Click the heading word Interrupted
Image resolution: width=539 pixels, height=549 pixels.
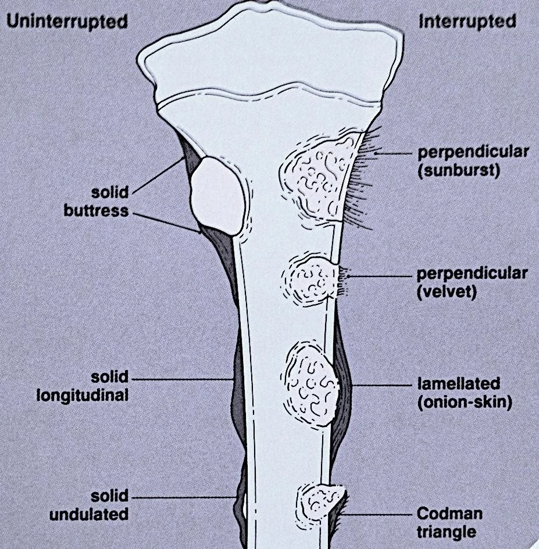(467, 22)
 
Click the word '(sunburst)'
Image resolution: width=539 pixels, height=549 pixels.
(459, 172)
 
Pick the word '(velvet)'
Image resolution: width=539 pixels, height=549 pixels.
(447, 292)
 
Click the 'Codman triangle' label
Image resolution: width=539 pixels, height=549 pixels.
(449, 523)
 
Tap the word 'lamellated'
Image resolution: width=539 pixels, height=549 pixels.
(459, 384)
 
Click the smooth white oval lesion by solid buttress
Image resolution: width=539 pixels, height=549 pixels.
(216, 195)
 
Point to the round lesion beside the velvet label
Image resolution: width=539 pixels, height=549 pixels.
(309, 279)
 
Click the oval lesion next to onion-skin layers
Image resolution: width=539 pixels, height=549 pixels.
(311, 386)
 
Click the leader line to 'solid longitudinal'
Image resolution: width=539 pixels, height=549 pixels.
(186, 379)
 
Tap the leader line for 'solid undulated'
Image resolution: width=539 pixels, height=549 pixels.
(186, 498)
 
